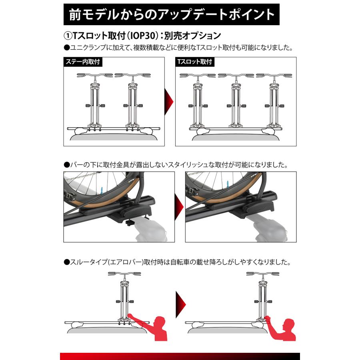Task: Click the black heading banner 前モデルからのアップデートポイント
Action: click(x=172, y=14)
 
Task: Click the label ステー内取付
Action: click(x=82, y=62)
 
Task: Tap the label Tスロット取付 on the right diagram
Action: click(x=194, y=62)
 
